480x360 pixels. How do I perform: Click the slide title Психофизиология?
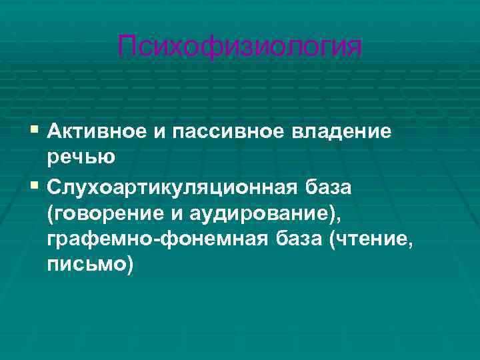click(x=240, y=47)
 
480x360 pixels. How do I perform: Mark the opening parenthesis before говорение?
click(x=51, y=214)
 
